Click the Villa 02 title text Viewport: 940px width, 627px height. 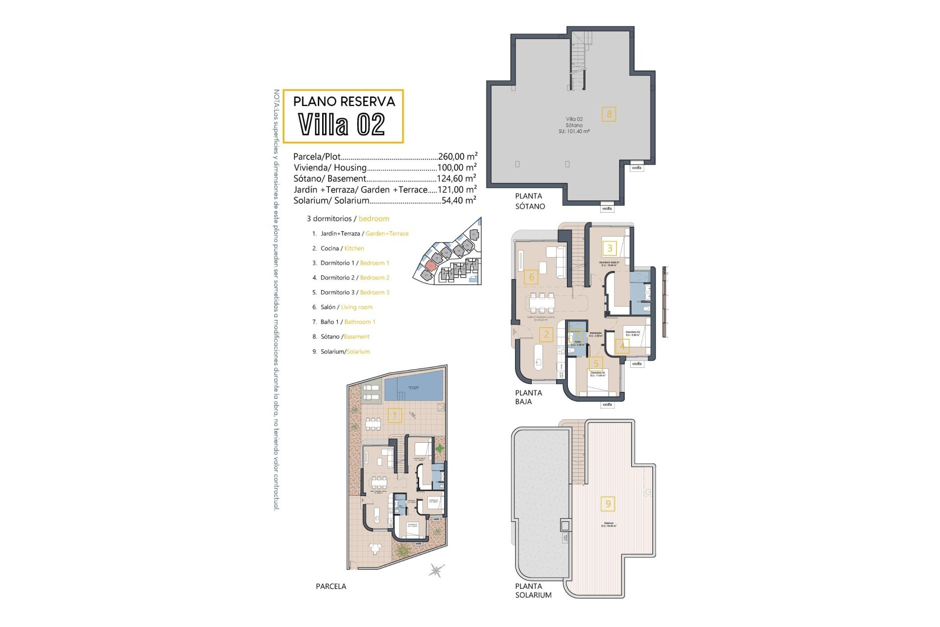tap(342, 124)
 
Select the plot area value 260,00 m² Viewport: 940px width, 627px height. tap(457, 157)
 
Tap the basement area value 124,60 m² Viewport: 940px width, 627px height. tap(456, 179)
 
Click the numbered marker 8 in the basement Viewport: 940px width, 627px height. tap(609, 114)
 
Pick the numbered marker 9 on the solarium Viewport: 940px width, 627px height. tap(608, 504)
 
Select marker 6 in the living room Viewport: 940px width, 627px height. tap(532, 277)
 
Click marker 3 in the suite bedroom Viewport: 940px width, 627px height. tap(610, 248)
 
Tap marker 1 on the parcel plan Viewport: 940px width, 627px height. tap(395, 416)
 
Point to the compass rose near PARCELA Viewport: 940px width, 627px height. tap(436, 570)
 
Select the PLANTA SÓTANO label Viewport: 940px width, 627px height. tap(529, 201)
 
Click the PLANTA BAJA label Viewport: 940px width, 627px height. tap(528, 397)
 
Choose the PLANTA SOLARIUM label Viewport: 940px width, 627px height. tap(533, 590)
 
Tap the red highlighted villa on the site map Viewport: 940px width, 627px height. tap(430, 265)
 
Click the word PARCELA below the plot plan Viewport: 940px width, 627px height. tap(330, 586)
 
